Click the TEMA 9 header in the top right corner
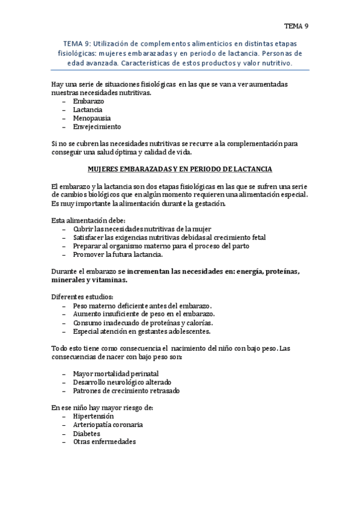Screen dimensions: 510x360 coord(296,26)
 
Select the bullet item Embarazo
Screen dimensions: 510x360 coord(89,102)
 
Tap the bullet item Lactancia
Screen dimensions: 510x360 coord(88,110)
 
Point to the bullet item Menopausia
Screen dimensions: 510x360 coord(91,118)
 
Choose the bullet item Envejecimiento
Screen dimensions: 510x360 coord(97,127)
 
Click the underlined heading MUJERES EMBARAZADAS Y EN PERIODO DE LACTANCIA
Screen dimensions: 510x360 coord(180,170)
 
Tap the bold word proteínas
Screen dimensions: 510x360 coord(278,271)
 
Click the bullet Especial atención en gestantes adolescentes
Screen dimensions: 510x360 coord(142,331)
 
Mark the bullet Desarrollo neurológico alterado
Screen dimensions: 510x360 coord(122,382)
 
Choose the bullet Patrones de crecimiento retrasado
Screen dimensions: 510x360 coord(126,390)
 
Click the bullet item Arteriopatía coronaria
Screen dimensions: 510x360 coord(108,425)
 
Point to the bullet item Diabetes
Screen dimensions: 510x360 coord(87,433)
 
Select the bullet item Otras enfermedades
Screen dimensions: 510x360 coord(105,441)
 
